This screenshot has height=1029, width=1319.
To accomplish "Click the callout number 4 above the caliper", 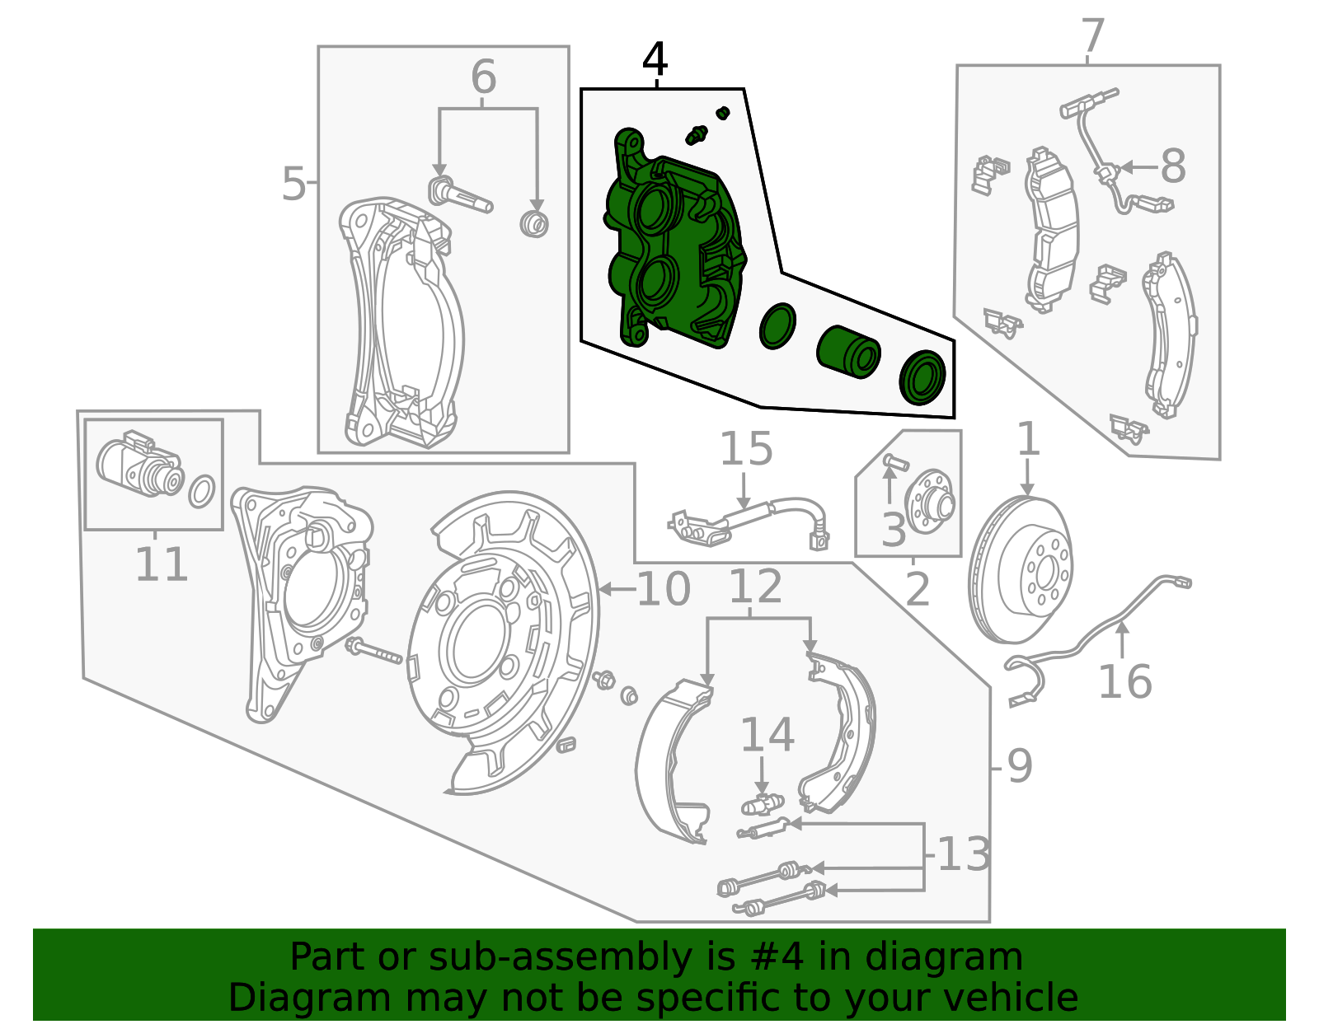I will tap(655, 59).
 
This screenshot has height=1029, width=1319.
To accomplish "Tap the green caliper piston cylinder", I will tap(848, 352).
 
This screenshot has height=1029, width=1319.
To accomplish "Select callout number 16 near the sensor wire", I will tap(1124, 682).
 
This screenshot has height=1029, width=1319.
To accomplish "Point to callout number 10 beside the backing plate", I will tap(664, 589).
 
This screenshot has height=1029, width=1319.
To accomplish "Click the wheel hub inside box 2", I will tap(931, 502).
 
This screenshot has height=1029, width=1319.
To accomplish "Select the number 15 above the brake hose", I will tap(746, 449).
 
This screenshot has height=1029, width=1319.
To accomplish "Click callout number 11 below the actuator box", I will tap(161, 565).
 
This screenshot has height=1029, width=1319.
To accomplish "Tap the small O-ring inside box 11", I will tap(202, 491).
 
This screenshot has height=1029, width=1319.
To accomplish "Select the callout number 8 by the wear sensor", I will tap(1172, 166).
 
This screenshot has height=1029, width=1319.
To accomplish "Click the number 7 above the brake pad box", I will tap(1091, 36).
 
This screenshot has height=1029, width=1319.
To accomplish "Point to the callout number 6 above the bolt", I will tap(484, 77).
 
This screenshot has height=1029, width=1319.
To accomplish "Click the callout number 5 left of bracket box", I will tap(293, 184).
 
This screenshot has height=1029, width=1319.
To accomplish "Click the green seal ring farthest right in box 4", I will tap(922, 377).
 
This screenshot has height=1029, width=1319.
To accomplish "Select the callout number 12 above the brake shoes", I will tap(755, 587).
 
